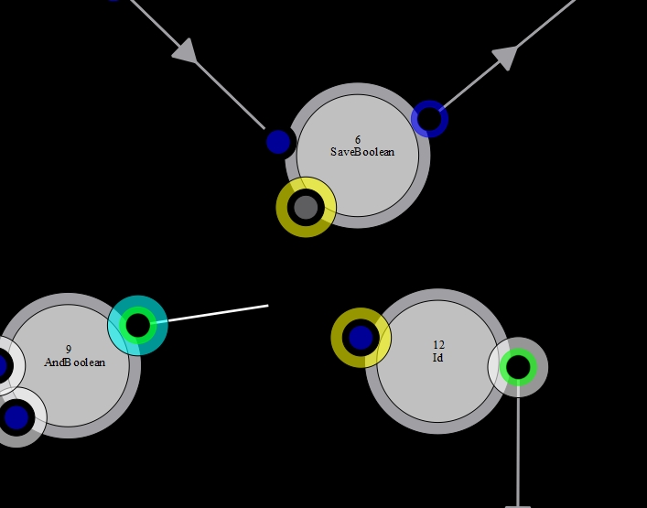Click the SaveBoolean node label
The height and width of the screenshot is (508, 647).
point(362,152)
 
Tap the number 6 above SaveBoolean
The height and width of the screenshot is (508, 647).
point(358,140)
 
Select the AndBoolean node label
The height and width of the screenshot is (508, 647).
point(75,362)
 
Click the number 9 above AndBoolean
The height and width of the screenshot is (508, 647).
point(69,350)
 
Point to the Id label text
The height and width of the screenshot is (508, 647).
point(437,357)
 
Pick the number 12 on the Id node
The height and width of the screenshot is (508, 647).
point(438,345)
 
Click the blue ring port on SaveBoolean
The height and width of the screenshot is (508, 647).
point(429,119)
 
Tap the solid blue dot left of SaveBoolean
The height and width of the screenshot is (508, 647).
point(278,142)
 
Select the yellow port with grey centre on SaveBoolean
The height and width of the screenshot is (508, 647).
point(306,207)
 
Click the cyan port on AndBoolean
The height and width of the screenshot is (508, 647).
point(138,326)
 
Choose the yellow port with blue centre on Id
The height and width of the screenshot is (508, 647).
point(361,338)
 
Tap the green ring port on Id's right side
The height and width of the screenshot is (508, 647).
point(518,367)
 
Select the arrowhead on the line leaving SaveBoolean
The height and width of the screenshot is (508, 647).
point(505,58)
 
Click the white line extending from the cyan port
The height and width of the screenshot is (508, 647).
point(218,313)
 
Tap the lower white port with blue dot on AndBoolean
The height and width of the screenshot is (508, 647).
point(16,417)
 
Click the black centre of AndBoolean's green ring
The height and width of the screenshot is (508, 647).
point(138,326)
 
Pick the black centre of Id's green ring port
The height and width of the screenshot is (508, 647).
point(518,367)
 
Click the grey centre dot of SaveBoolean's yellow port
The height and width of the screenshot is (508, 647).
point(306,207)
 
